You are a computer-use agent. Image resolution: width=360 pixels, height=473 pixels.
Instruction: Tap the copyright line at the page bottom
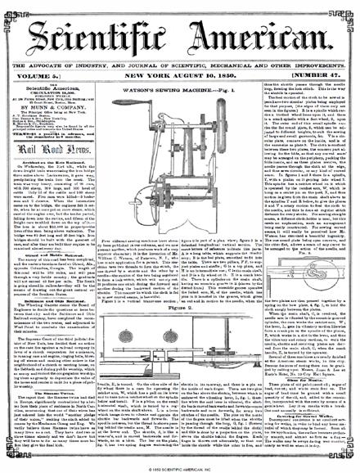180,468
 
